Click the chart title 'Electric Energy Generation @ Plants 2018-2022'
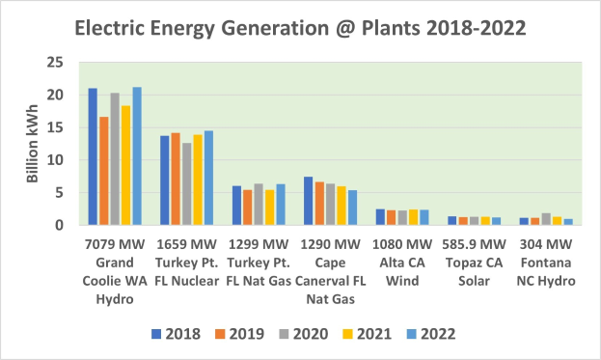coord(300,28)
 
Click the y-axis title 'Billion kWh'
coord(33,144)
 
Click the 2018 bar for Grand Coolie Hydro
coord(93,156)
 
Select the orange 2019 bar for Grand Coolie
coord(103,171)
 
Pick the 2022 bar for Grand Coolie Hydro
coord(137,156)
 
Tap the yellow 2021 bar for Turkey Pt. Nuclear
coord(198,180)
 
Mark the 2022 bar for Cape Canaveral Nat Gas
coord(352,208)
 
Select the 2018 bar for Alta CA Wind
coord(380,217)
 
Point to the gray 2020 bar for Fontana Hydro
coord(546,219)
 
